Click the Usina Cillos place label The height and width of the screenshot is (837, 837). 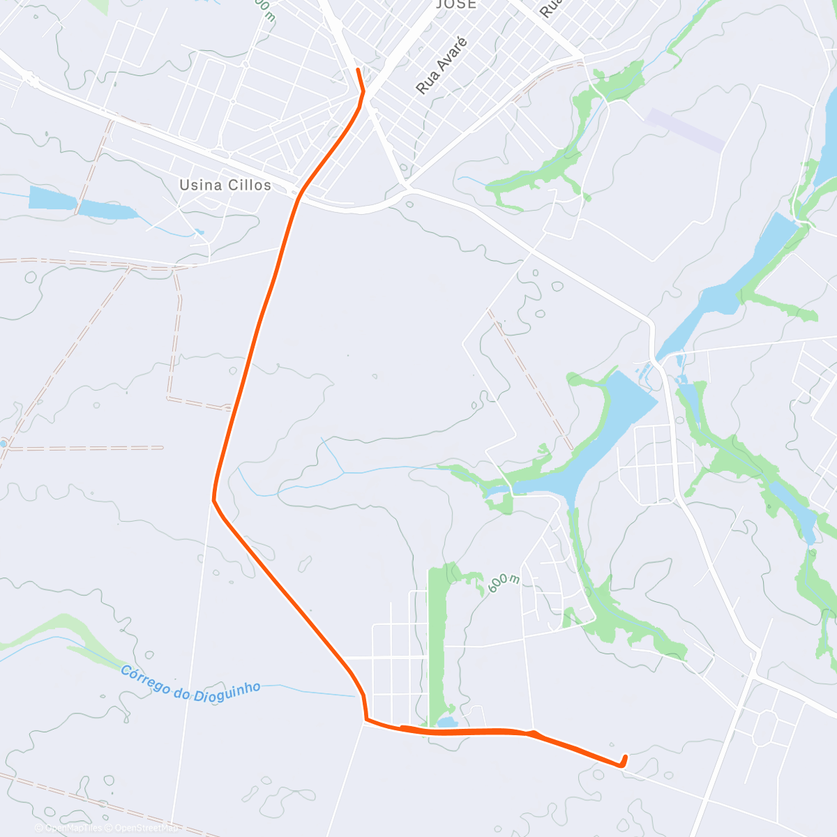225,185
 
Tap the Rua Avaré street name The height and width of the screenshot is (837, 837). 442,66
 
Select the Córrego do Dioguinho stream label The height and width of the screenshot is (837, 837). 190,682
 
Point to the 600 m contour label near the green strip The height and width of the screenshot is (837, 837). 504,583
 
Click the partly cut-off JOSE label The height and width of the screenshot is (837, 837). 456,4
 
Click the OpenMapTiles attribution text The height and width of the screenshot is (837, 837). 69,828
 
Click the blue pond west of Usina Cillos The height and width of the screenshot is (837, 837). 77,202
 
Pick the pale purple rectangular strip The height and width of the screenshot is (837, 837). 686,130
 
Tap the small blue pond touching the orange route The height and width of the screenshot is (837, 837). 446,722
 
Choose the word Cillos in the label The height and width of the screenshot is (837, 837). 250,185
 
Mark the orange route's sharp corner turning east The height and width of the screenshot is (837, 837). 365,718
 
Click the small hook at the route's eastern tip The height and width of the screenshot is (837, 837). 624,761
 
